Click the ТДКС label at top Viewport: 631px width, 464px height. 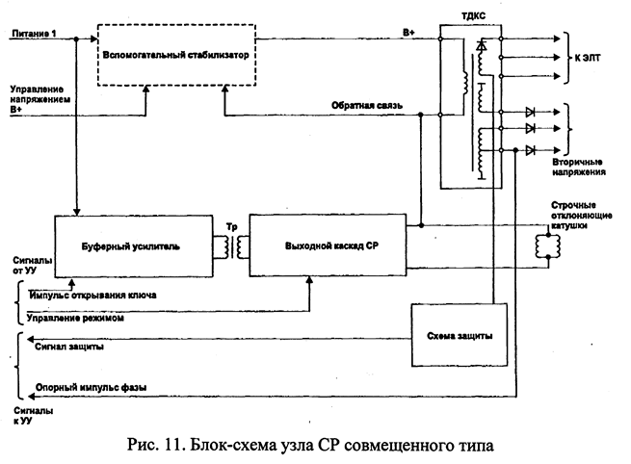(471, 16)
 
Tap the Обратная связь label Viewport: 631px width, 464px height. (361, 104)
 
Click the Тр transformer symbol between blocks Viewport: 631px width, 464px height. (230, 247)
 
